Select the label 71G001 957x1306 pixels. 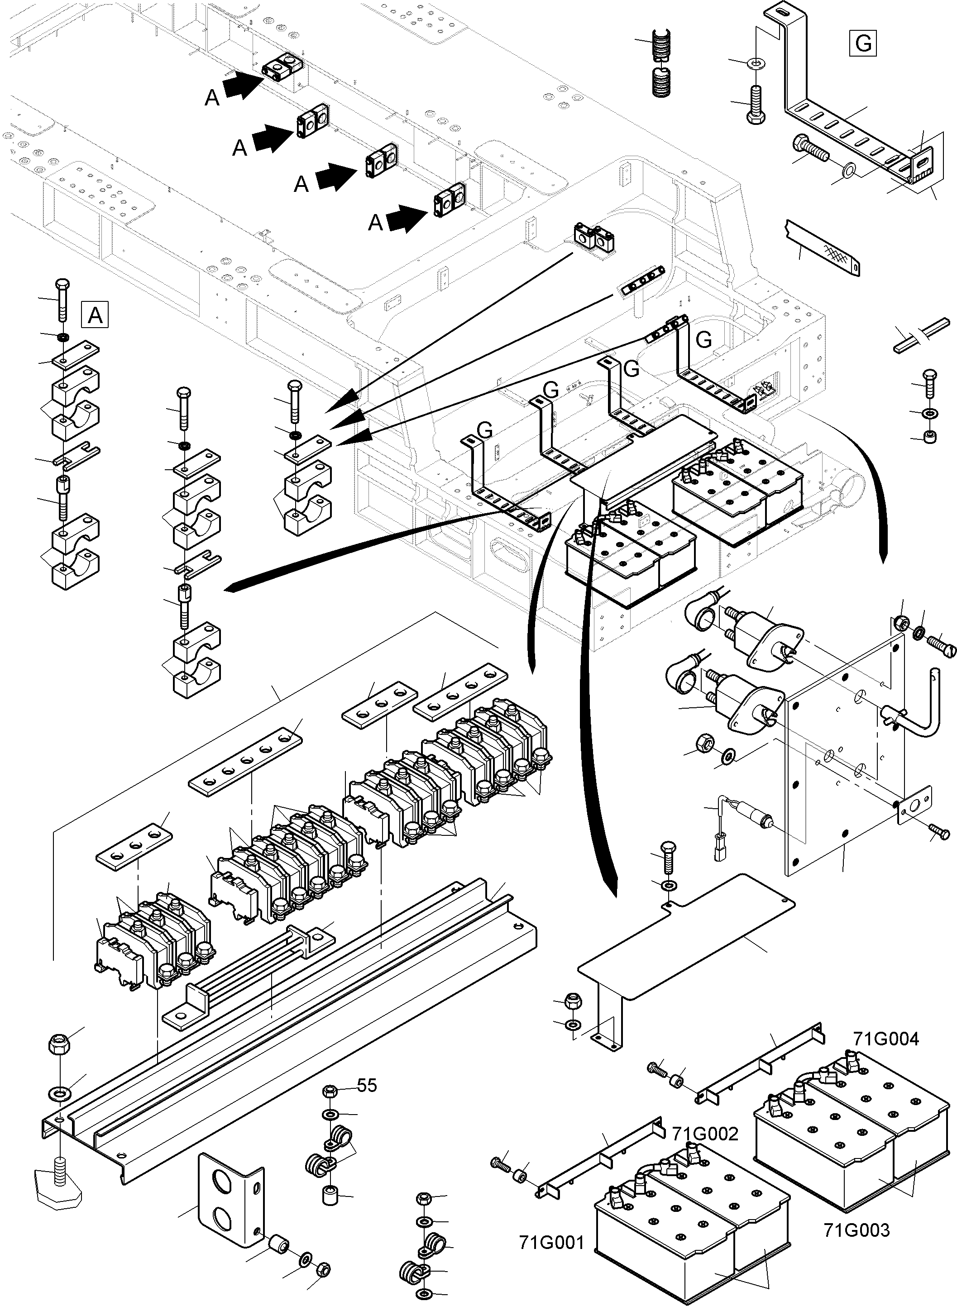(x=551, y=1242)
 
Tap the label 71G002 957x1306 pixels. (x=704, y=1134)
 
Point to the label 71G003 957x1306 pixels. (x=856, y=1230)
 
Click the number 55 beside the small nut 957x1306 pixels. (x=367, y=1085)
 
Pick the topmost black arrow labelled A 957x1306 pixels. (x=243, y=85)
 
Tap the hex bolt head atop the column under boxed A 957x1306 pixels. (x=62, y=285)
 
